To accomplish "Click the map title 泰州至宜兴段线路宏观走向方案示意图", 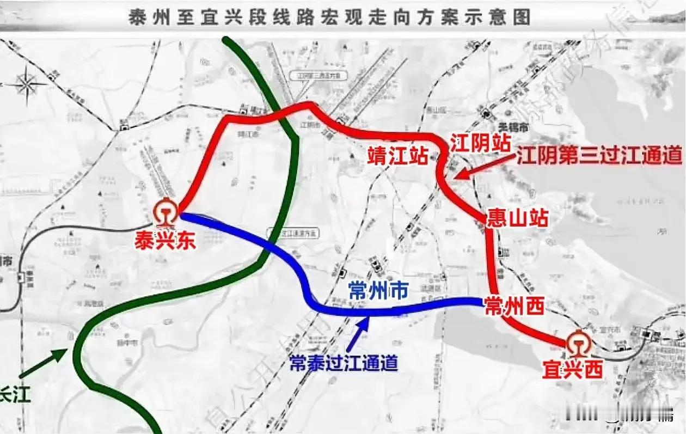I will click(x=329, y=17).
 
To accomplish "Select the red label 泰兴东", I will click(x=165, y=241).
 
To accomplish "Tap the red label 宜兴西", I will click(x=572, y=371).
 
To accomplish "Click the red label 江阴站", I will click(x=480, y=144).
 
